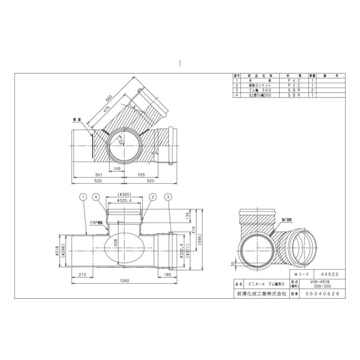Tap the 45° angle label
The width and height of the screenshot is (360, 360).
pos(120,140)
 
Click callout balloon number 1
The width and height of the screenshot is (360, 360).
pos(83,196)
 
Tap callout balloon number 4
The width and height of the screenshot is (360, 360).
pos(96,196)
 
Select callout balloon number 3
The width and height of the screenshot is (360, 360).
pos(168,196)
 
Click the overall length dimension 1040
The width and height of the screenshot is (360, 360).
pos(124,281)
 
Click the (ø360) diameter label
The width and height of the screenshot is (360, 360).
pos(124,194)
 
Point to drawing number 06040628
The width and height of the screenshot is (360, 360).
pos(322,294)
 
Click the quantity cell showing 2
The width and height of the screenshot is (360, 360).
pos(312,90)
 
